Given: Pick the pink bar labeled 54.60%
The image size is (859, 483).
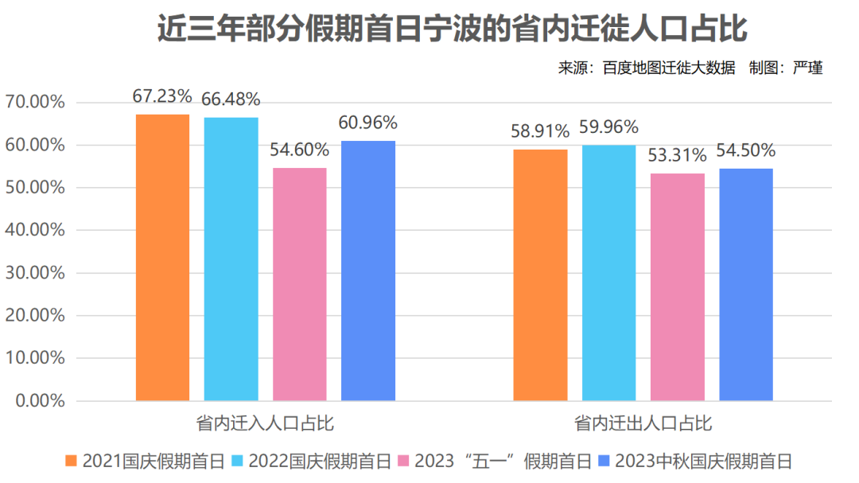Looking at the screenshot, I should [x=300, y=284].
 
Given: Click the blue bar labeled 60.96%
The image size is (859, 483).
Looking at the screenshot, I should [x=368, y=271].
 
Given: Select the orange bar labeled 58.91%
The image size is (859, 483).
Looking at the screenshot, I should [x=540, y=275].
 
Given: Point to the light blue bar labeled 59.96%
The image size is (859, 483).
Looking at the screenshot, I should [x=608, y=272].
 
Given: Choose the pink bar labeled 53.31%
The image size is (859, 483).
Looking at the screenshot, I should [x=678, y=286].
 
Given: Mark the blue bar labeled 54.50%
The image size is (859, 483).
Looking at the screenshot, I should [x=746, y=284].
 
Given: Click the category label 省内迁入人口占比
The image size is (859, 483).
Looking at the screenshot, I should [x=265, y=423].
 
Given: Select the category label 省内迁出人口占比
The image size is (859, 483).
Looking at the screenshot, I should [x=643, y=423].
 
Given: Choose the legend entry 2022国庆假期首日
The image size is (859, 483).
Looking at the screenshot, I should [x=312, y=461].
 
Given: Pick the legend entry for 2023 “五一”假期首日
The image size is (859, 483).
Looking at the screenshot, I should [x=494, y=461].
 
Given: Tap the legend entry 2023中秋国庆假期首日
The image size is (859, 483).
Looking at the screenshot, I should [x=695, y=461].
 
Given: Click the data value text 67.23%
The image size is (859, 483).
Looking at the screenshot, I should [x=162, y=96].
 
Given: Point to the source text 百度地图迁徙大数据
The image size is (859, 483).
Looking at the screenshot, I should [x=669, y=68].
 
